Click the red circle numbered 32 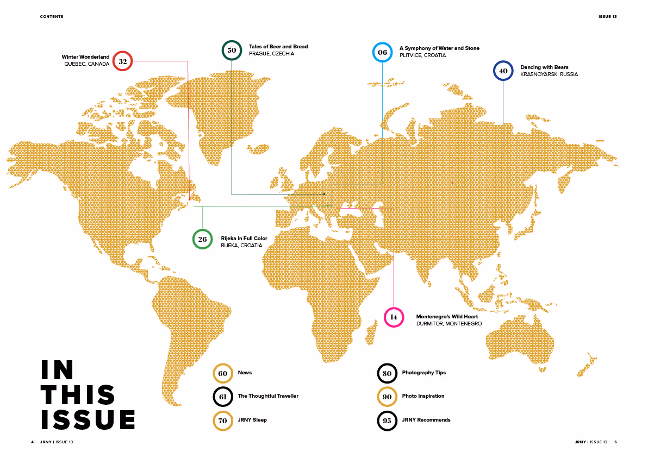tap(123, 61)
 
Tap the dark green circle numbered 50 tap(232, 50)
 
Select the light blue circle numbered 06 tap(382, 52)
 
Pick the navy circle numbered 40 tap(503, 71)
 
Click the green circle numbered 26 tap(202, 239)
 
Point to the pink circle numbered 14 tap(394, 317)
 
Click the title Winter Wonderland tap(86, 57)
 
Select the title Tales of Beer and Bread tap(278, 47)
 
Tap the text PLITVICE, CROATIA tap(422, 55)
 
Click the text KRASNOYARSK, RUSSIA tap(549, 74)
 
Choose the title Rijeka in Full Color tap(244, 239)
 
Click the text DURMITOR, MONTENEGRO tap(449, 324)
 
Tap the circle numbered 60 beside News tap(223, 373)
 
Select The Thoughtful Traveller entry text tap(268, 396)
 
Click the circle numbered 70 tap(223, 420)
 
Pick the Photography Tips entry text tap(424, 373)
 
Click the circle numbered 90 tap(387, 397)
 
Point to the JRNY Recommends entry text tap(426, 419)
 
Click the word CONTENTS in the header tap(52, 17)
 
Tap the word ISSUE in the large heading tap(88, 420)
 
